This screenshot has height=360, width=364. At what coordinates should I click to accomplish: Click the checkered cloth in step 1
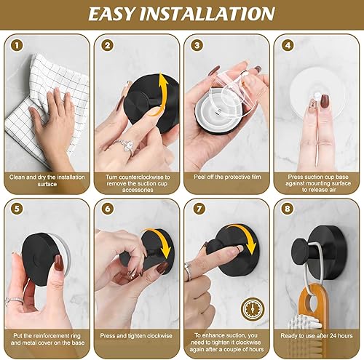29,124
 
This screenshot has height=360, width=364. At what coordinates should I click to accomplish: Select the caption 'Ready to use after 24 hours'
315,335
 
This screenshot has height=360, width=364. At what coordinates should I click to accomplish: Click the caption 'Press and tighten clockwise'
135,335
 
